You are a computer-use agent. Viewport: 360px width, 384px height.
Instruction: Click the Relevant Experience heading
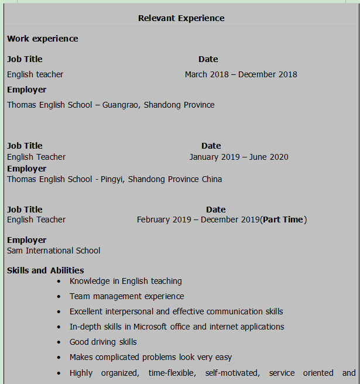coord(181,18)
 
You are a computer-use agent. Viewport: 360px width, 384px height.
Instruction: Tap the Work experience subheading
coord(42,39)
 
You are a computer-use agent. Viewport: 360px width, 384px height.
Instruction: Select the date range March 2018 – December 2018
coord(241,74)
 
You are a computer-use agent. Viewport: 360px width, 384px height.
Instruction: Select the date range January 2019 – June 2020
coord(238,157)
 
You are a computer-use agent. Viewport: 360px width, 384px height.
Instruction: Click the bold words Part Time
coord(283,220)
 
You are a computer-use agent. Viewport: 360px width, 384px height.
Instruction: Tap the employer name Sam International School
coord(53,251)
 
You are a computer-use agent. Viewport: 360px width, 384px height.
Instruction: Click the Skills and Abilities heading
coord(45,270)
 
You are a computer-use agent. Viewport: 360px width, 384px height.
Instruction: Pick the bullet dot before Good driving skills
coord(59,342)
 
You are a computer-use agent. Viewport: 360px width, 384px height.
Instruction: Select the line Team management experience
coord(126,296)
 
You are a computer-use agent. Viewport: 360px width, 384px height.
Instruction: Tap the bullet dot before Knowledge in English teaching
coord(59,282)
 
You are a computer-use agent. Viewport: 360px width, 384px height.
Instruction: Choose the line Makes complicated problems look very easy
coord(150,357)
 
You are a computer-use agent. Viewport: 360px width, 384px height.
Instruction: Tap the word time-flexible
coord(173,373)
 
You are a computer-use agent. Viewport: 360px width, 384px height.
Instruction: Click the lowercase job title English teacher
coord(35,74)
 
